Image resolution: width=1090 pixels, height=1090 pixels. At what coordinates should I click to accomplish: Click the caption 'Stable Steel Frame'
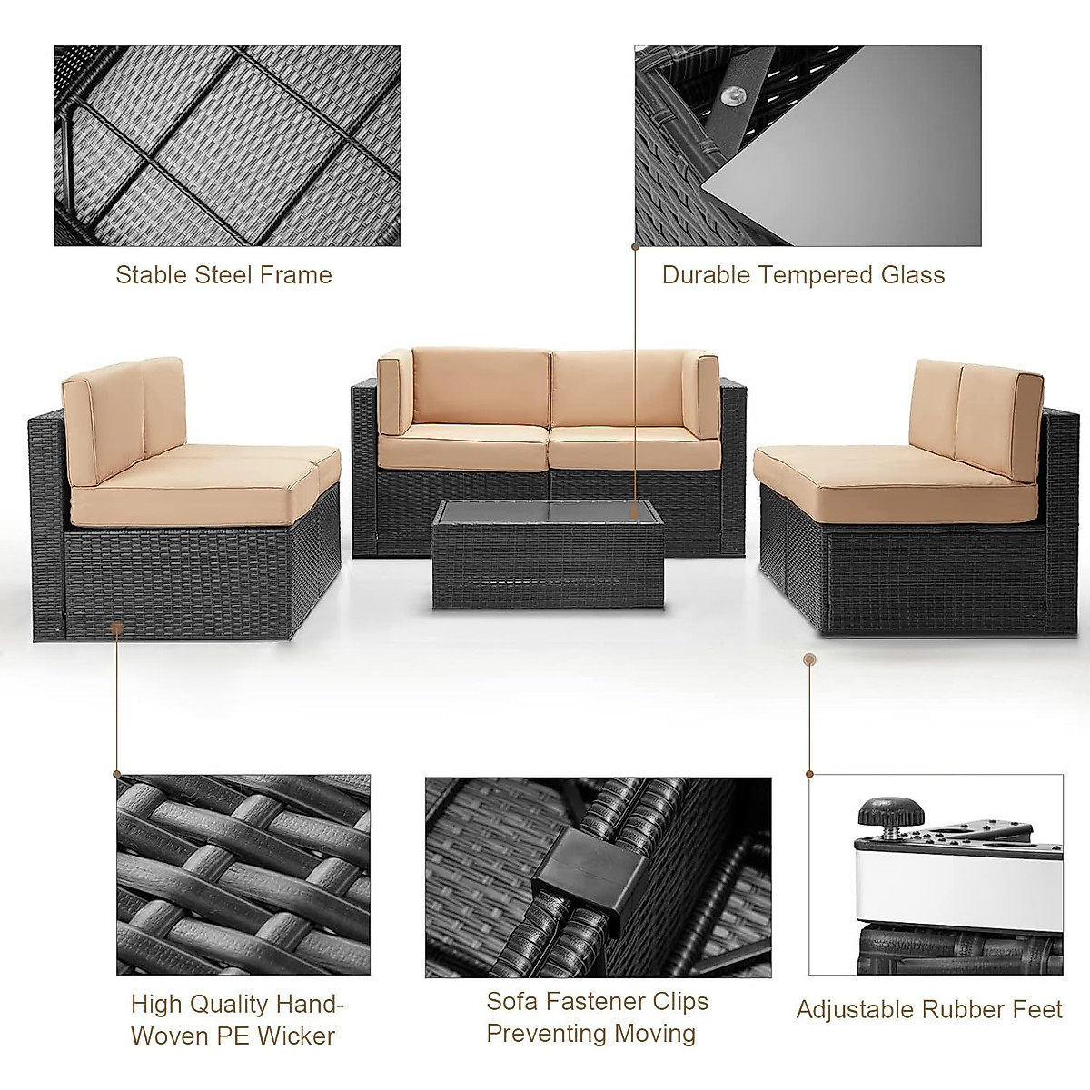[223, 275]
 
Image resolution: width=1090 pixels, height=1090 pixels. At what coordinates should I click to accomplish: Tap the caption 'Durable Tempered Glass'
[803, 275]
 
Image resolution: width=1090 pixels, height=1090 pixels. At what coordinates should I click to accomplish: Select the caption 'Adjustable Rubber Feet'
[929, 1009]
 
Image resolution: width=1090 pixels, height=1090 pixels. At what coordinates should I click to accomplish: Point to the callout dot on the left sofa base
[117, 626]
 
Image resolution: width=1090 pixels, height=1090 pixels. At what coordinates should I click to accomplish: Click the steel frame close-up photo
[227, 145]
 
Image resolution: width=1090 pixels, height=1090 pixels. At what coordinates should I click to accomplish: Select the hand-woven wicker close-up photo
[243, 875]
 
